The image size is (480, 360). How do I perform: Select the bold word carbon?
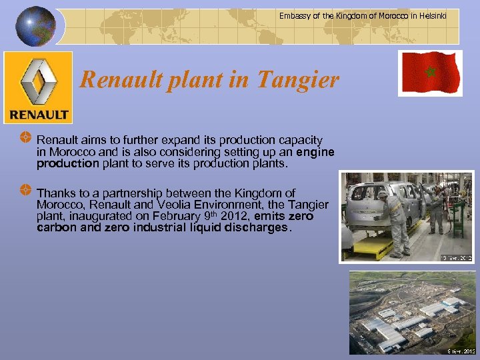(x=58, y=227)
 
